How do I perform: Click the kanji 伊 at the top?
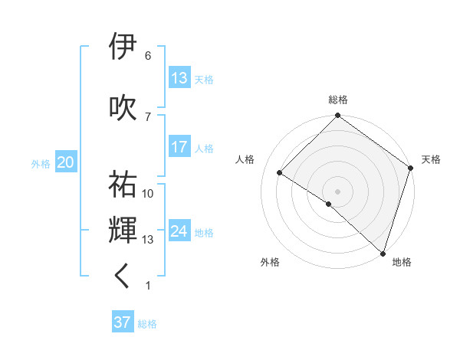pos(123,47)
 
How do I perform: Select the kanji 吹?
pos(123,107)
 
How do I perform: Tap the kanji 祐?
pos(123,185)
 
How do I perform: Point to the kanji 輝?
pos(123,231)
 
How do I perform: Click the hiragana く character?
pos(123,277)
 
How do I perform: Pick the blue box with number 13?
pos(179,78)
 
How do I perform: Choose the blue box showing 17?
pos(179,147)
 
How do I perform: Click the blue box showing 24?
pos(179,231)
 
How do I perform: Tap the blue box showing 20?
pos(66,162)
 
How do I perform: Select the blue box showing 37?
pos(123,323)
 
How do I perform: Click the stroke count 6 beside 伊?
pos(147,56)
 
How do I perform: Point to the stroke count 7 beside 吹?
pos(147,116)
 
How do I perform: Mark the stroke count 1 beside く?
pos(147,286)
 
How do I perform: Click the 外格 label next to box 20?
pos(41,163)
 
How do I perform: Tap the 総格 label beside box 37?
pos(147,324)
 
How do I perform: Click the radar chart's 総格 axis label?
pos(337,100)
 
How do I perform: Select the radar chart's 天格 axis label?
pos(431,159)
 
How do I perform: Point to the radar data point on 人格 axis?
pos(280,173)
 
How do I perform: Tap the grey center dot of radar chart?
pos(337,191)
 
